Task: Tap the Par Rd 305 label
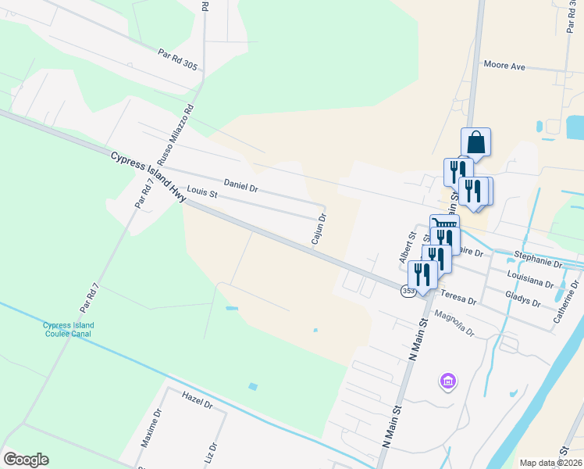click(x=177, y=60)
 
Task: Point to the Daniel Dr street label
click(x=240, y=186)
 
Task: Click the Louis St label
click(x=201, y=192)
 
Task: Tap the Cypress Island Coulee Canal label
click(x=69, y=329)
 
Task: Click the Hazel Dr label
click(x=197, y=401)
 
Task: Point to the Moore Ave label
click(x=504, y=66)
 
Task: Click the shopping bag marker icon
click(x=475, y=143)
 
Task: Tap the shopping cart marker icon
click(x=444, y=225)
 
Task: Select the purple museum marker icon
click(x=448, y=381)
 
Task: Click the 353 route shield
click(x=408, y=291)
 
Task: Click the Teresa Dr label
click(x=458, y=298)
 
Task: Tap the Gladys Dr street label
click(x=523, y=299)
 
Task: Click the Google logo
click(x=26, y=460)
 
